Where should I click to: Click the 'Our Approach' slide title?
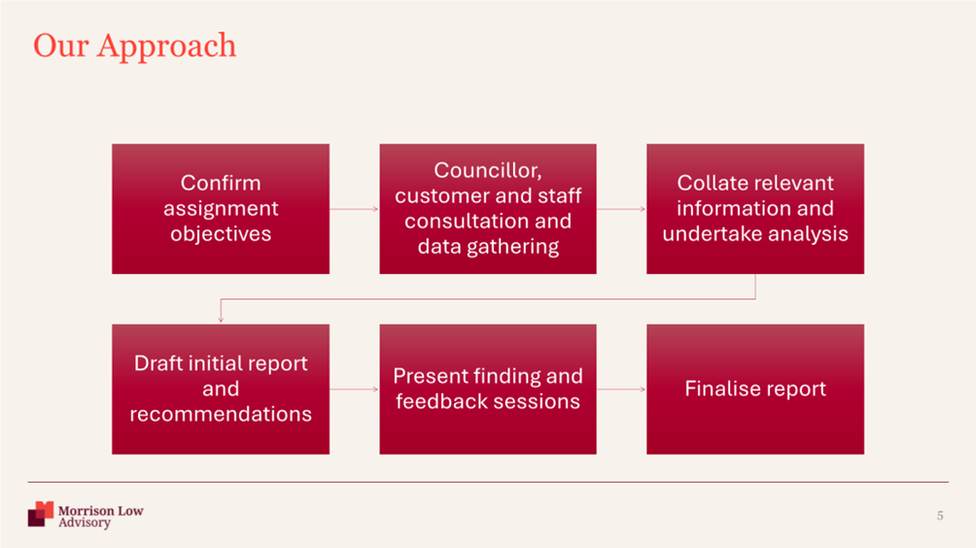pyautogui.click(x=134, y=46)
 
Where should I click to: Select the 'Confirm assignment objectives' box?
pyautogui.click(x=221, y=209)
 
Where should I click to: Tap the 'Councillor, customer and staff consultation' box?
pyautogui.click(x=488, y=209)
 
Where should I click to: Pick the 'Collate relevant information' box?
pyautogui.click(x=755, y=209)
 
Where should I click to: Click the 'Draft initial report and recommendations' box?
pyautogui.click(x=221, y=389)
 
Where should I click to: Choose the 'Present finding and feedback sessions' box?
pyautogui.click(x=488, y=389)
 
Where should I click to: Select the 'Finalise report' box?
pyautogui.click(x=755, y=389)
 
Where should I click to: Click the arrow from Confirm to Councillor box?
pyautogui.click(x=354, y=209)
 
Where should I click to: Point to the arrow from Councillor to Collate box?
pyautogui.click(x=621, y=209)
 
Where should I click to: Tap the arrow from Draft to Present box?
pyautogui.click(x=354, y=390)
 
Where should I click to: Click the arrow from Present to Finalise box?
pyautogui.click(x=621, y=390)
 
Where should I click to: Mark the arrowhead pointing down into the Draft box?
pyautogui.click(x=221, y=320)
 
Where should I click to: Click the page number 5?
pyautogui.click(x=940, y=516)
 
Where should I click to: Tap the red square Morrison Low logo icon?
pyautogui.click(x=41, y=514)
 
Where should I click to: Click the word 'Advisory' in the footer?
pyautogui.click(x=85, y=523)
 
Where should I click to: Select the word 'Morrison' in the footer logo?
pyautogui.click(x=87, y=511)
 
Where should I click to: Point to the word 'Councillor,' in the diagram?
pyautogui.click(x=488, y=170)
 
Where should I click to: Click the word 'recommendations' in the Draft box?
pyautogui.click(x=221, y=414)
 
